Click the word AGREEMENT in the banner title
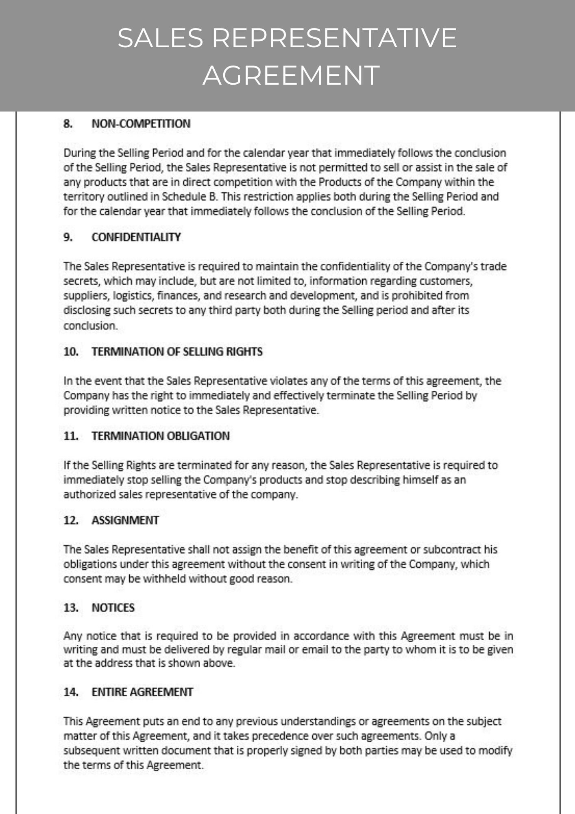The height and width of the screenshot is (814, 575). point(291,75)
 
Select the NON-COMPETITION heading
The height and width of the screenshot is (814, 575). point(141,123)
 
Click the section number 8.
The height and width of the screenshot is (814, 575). point(68,123)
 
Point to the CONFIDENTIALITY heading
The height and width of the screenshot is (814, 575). point(136,237)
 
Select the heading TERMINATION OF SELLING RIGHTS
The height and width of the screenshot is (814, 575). point(177,351)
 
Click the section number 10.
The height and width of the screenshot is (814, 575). point(71,351)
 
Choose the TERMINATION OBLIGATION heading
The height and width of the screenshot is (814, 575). point(160,436)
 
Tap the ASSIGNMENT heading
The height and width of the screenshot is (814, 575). point(125,520)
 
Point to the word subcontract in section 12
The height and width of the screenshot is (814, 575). point(452,549)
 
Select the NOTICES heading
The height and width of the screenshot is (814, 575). point(113,608)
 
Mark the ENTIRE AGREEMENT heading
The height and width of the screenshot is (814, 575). point(142,692)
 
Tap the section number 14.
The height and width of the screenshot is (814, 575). point(71,692)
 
